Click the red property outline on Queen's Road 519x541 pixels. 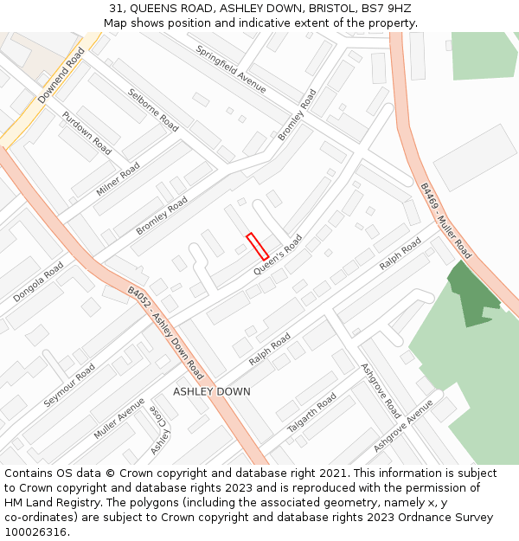point(257,246)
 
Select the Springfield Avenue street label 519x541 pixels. point(231,67)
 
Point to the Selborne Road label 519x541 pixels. point(153,110)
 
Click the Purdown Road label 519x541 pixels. point(86,132)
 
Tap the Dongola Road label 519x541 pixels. point(38,282)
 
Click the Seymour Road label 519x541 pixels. point(69,385)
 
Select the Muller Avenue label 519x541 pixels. point(119,418)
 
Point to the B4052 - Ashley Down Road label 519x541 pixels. point(166,333)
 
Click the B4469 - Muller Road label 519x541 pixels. point(445,221)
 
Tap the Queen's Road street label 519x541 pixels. point(278,255)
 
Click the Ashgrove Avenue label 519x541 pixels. point(402,425)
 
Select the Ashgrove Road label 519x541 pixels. point(381,390)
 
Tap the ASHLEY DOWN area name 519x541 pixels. point(212,392)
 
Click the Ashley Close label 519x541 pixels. point(160,430)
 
